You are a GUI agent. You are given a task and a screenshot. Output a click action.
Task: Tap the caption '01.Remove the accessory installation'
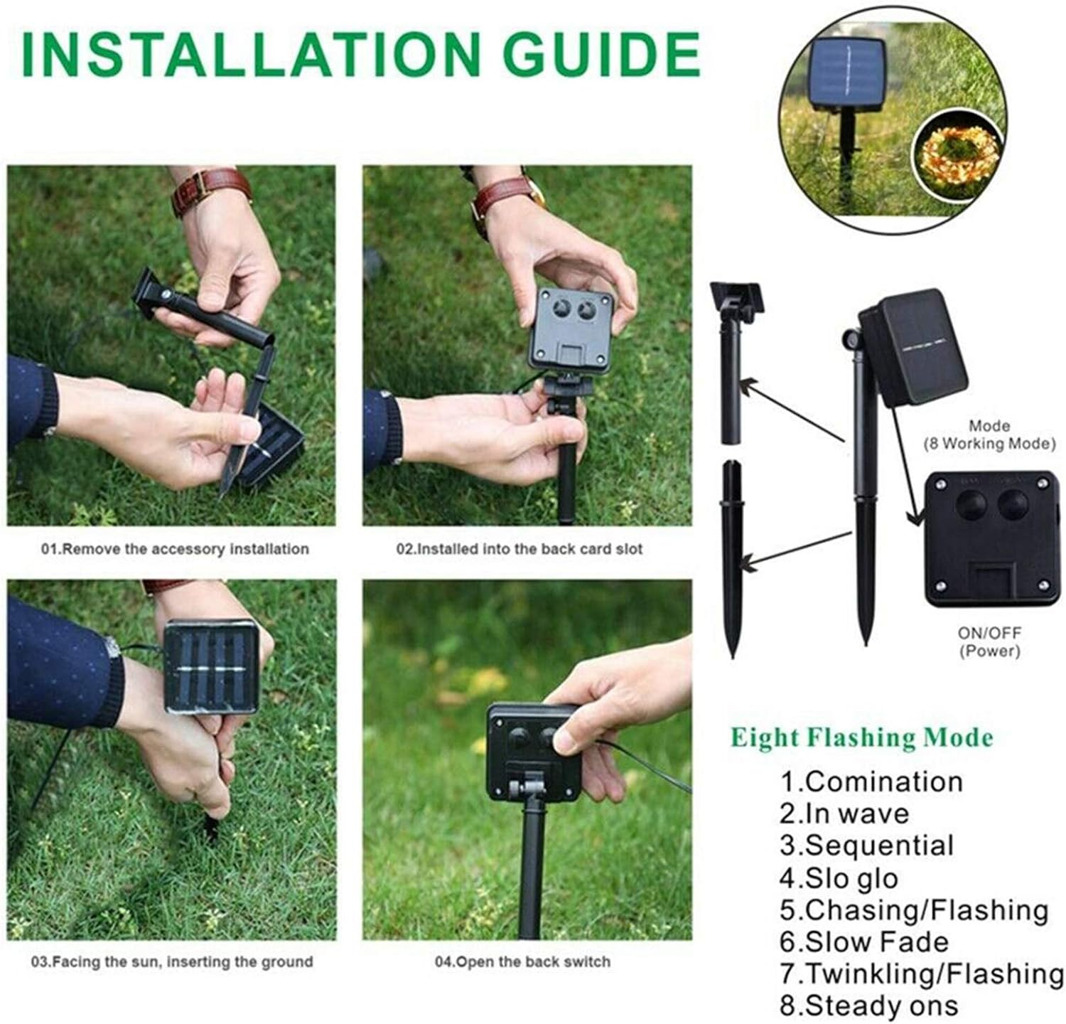[x=175, y=549]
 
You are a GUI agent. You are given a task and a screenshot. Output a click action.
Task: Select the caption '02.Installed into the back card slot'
[x=519, y=549]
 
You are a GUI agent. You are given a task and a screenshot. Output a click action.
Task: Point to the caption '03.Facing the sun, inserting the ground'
[x=171, y=961]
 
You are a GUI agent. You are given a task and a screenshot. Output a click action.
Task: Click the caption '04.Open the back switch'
[x=522, y=961]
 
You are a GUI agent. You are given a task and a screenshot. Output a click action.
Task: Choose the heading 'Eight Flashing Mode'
[x=861, y=737]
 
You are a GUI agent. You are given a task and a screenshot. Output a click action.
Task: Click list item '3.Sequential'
[x=866, y=846]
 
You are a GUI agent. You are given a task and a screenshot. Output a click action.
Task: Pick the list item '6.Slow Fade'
[x=863, y=942]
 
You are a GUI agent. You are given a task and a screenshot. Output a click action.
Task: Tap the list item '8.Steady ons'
[x=868, y=1006]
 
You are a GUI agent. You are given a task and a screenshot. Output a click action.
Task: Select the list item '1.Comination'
[x=871, y=782]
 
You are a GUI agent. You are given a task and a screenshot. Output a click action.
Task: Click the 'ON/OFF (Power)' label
[x=989, y=641]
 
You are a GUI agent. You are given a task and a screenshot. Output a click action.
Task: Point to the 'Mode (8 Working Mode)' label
[x=989, y=434]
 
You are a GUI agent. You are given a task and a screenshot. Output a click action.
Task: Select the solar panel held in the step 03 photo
[x=211, y=666]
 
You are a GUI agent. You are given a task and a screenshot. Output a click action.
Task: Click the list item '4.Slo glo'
[x=839, y=878]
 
